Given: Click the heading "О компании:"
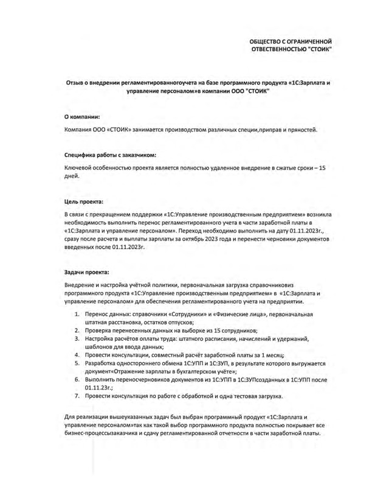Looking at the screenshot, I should [x=82, y=116].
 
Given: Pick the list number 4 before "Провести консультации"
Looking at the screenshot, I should [x=77, y=354].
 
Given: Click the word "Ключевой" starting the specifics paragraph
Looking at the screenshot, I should [x=78, y=167].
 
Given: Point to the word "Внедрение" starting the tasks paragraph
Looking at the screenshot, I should [x=80, y=285].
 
